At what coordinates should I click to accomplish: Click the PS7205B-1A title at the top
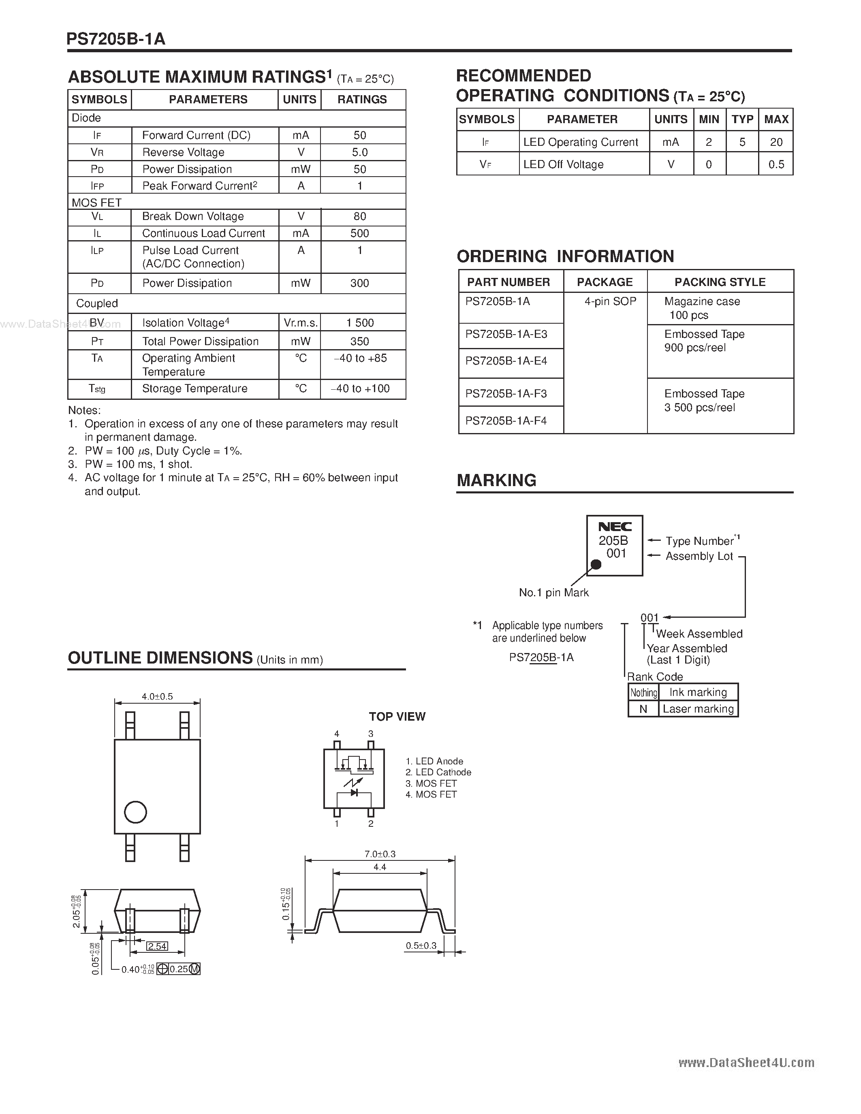click(116, 39)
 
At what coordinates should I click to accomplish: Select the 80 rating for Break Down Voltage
click(360, 216)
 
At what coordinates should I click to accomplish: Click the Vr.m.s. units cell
click(300, 323)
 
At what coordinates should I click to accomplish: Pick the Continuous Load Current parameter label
click(203, 233)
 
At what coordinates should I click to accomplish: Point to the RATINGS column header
click(362, 100)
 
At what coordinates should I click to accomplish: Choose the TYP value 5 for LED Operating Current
click(742, 142)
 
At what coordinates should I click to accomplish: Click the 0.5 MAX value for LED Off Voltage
click(776, 164)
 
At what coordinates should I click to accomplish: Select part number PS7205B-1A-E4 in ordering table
click(506, 361)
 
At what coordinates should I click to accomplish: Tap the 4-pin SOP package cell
click(610, 301)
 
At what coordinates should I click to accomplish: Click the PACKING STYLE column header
click(720, 282)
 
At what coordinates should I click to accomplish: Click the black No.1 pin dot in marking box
click(595, 565)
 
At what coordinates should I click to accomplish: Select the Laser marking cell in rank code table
click(698, 709)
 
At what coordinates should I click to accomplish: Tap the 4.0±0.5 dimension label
click(157, 696)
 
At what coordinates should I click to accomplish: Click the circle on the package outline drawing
click(135, 812)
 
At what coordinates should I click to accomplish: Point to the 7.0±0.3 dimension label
click(380, 854)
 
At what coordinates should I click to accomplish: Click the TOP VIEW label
click(397, 717)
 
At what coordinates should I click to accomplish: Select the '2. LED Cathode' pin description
click(438, 772)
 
